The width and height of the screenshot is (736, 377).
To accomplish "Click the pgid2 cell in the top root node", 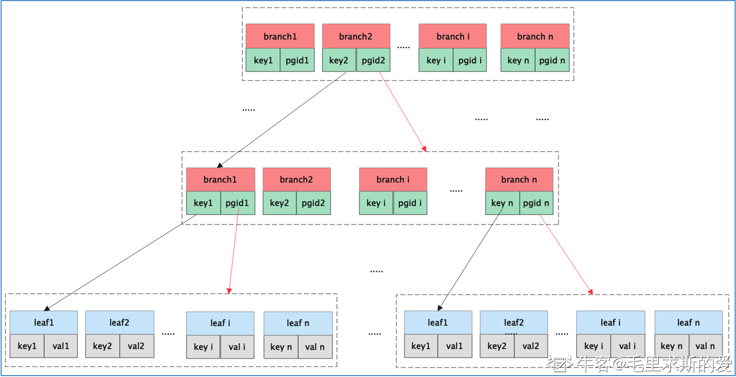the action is pos(373,60).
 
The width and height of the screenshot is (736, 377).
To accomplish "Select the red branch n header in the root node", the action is pos(535,36).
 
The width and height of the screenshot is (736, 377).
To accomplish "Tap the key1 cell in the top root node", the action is pos(263,60).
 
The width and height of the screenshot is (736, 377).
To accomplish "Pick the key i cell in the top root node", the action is pos(436,60).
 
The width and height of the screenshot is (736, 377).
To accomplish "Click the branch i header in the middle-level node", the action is pos(393,180).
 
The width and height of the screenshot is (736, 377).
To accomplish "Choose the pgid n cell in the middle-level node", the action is pos(536,203).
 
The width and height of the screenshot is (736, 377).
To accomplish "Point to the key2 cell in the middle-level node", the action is pos(280,203).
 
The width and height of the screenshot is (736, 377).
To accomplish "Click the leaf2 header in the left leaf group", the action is pos(120,322).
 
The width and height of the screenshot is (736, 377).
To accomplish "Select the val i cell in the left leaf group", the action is pos(237,347).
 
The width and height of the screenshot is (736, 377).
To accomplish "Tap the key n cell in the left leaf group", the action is pos(281,347).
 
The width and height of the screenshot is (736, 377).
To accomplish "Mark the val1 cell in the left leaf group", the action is pos(61,346).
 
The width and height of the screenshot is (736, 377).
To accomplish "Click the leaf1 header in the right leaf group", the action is pos(438,322).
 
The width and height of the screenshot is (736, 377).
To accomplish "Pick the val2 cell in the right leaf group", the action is pos(531,346).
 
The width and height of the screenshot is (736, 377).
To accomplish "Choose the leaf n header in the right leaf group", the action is pos(688,322).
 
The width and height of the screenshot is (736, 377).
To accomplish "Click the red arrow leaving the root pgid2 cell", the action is pos(403,111).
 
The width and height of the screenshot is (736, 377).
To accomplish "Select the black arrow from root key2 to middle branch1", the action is pos(281,120).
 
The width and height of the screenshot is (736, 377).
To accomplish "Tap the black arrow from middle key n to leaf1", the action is pos(470,259).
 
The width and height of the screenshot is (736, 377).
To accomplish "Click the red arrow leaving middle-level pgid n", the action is pos(566,255).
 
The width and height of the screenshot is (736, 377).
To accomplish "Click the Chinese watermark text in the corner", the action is pos(639,363).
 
